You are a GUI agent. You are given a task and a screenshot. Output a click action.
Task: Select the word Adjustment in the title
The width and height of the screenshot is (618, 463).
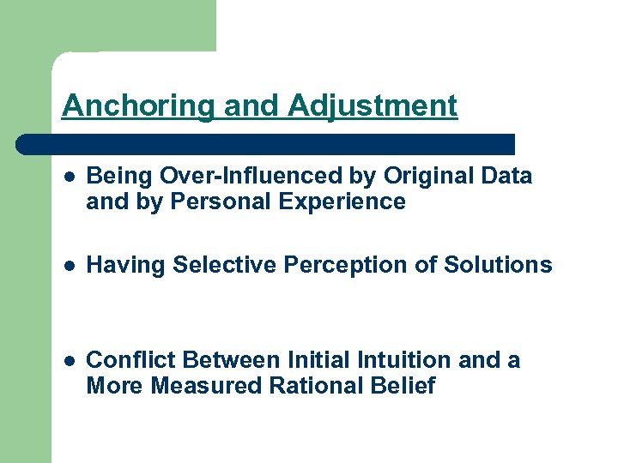click(373, 106)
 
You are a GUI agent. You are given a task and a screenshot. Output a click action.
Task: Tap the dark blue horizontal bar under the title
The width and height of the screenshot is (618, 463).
click(266, 144)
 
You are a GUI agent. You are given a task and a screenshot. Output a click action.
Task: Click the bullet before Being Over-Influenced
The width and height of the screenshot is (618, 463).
click(70, 177)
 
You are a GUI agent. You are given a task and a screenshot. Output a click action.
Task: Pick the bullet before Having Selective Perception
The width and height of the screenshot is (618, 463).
click(70, 266)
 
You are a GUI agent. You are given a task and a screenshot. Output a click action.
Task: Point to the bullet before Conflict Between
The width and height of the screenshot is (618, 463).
click(70, 361)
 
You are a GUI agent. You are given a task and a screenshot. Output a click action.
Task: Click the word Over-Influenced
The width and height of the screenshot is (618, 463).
click(250, 176)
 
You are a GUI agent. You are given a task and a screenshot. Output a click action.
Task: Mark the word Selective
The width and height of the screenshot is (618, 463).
click(223, 265)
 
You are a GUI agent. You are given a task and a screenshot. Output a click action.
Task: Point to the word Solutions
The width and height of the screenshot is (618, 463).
click(498, 265)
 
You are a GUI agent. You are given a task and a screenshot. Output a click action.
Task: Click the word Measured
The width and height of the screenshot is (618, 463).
click(206, 386)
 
